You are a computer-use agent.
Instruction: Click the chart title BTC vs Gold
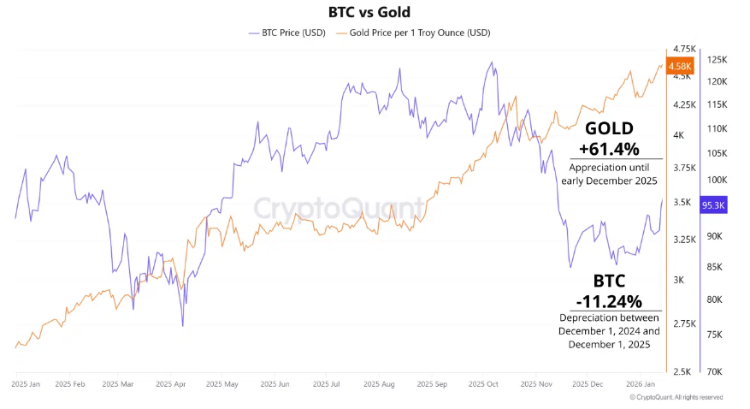(369, 12)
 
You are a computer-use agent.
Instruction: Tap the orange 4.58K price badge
(681, 66)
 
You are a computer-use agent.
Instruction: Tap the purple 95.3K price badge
(713, 205)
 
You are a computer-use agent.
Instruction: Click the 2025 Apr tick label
(168, 385)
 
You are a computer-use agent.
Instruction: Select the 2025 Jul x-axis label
(324, 385)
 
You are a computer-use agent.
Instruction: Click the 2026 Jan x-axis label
(641, 385)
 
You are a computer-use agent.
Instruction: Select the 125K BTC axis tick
(718, 60)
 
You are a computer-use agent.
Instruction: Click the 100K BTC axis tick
(717, 181)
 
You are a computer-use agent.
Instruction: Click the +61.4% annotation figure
(609, 147)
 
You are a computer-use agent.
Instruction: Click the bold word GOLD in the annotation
(609, 128)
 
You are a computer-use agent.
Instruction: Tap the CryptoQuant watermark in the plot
(340, 207)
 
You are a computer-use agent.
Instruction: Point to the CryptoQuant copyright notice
(676, 397)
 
